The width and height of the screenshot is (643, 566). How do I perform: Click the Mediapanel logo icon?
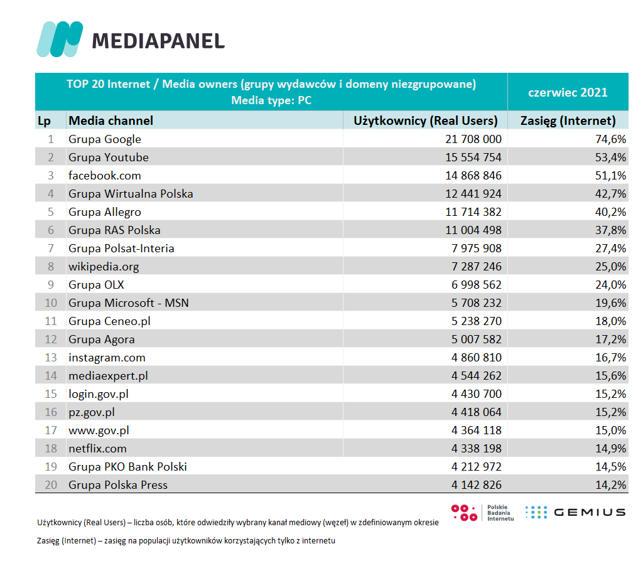coord(60,39)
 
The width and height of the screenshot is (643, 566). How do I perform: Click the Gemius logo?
coord(575,512)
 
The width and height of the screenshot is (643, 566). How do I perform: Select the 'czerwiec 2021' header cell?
coord(568,92)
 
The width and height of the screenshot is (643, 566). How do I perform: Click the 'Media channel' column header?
coord(111,120)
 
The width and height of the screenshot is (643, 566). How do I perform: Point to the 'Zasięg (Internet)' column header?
coord(568,120)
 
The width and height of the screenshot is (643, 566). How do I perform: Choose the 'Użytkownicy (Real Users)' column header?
coord(426,120)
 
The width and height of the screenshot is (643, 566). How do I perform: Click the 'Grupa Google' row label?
coord(105,139)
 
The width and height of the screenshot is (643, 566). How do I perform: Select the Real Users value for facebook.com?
coord(473,176)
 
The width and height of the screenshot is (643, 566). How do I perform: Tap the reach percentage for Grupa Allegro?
coord(610,212)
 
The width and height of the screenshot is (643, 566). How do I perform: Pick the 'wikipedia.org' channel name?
coord(104,267)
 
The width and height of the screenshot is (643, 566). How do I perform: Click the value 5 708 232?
coord(473,303)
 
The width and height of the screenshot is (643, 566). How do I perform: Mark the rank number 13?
coord(50,358)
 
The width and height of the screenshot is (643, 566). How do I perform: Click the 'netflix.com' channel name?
coord(97,449)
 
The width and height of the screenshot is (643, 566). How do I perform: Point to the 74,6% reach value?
coord(610,139)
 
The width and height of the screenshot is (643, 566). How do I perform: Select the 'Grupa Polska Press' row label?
coord(118,485)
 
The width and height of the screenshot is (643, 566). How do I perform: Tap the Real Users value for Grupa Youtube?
coord(473,158)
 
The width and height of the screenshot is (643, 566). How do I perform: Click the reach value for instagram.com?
coord(610,358)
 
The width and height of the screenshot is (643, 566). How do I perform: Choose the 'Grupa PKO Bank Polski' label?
coord(127,467)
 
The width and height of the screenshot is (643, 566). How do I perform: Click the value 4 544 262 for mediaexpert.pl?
coord(473,376)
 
